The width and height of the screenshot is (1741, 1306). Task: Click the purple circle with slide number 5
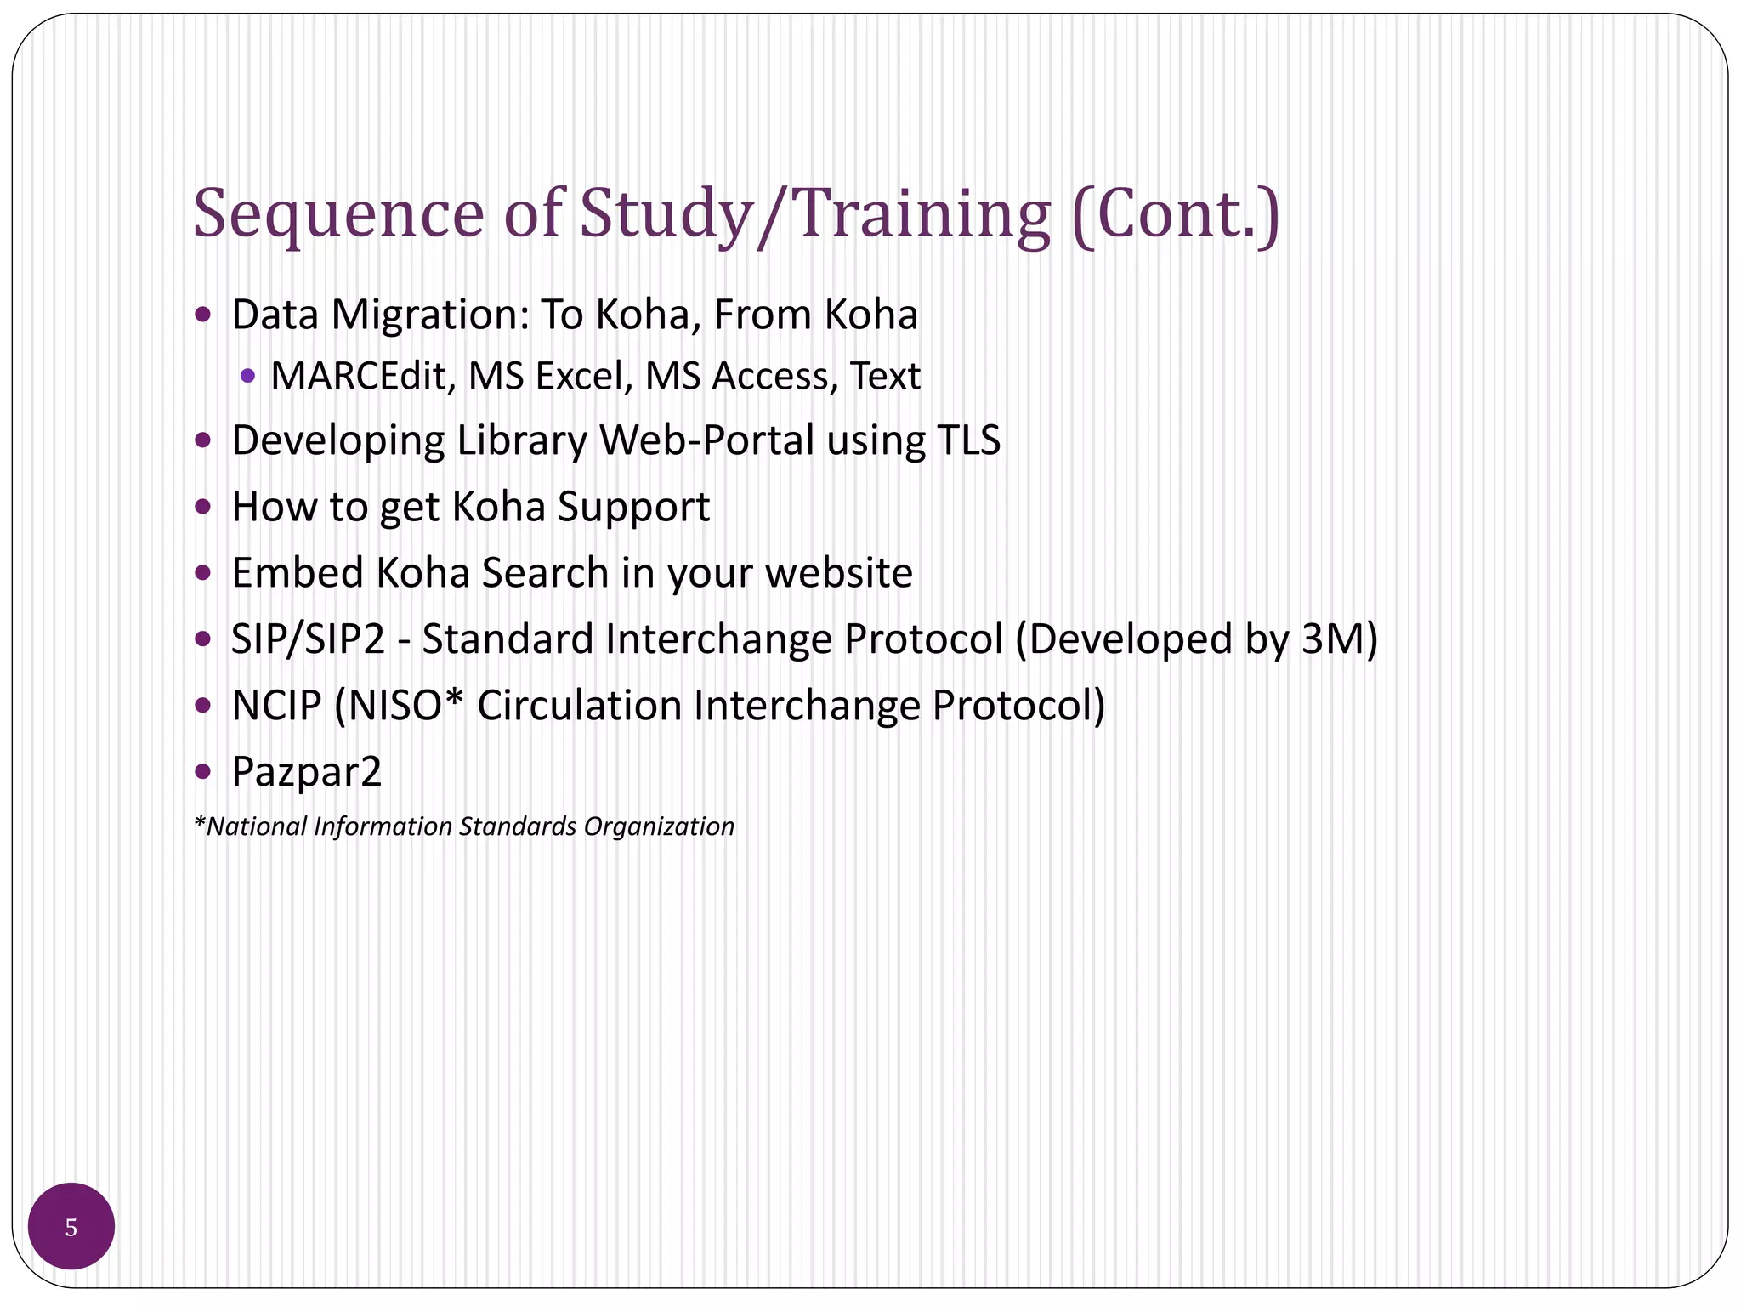pyautogui.click(x=71, y=1226)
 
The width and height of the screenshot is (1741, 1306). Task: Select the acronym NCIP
pyautogui.click(x=277, y=706)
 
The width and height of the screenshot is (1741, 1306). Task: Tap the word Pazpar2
pyautogui.click(x=307, y=772)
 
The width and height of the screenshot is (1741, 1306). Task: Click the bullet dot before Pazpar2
pyautogui.click(x=202, y=771)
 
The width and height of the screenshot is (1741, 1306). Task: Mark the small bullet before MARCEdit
pyautogui.click(x=247, y=375)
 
